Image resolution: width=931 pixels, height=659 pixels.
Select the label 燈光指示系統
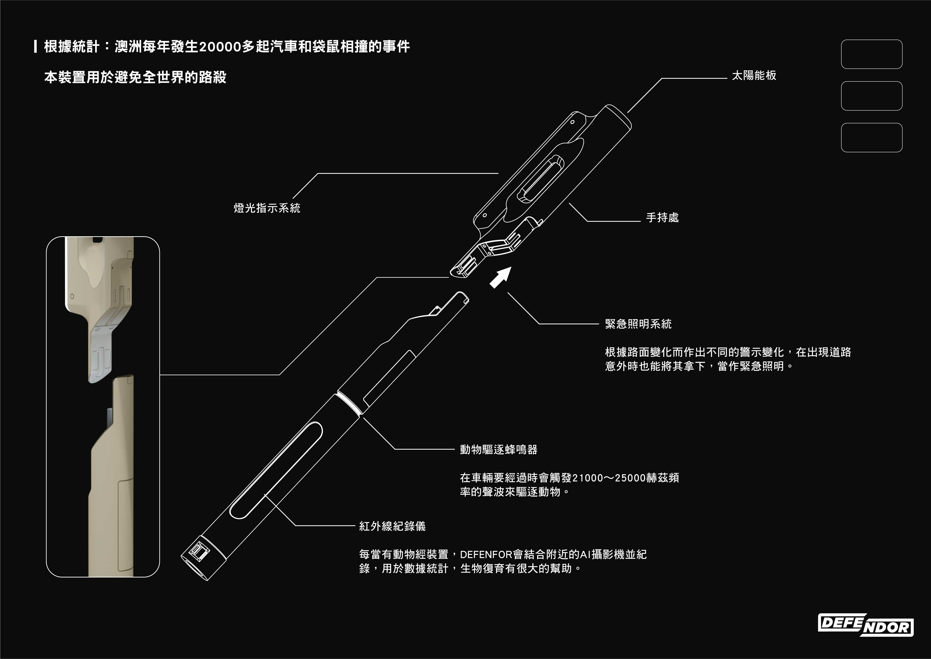(x=267, y=208)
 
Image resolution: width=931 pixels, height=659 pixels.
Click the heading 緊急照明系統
(x=638, y=324)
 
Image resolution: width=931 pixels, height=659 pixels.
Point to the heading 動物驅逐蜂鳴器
(x=498, y=450)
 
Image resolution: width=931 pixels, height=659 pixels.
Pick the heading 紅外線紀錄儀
(x=392, y=526)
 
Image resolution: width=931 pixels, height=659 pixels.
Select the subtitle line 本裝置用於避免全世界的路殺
(x=135, y=77)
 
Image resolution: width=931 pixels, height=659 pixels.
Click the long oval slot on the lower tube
(x=276, y=471)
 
